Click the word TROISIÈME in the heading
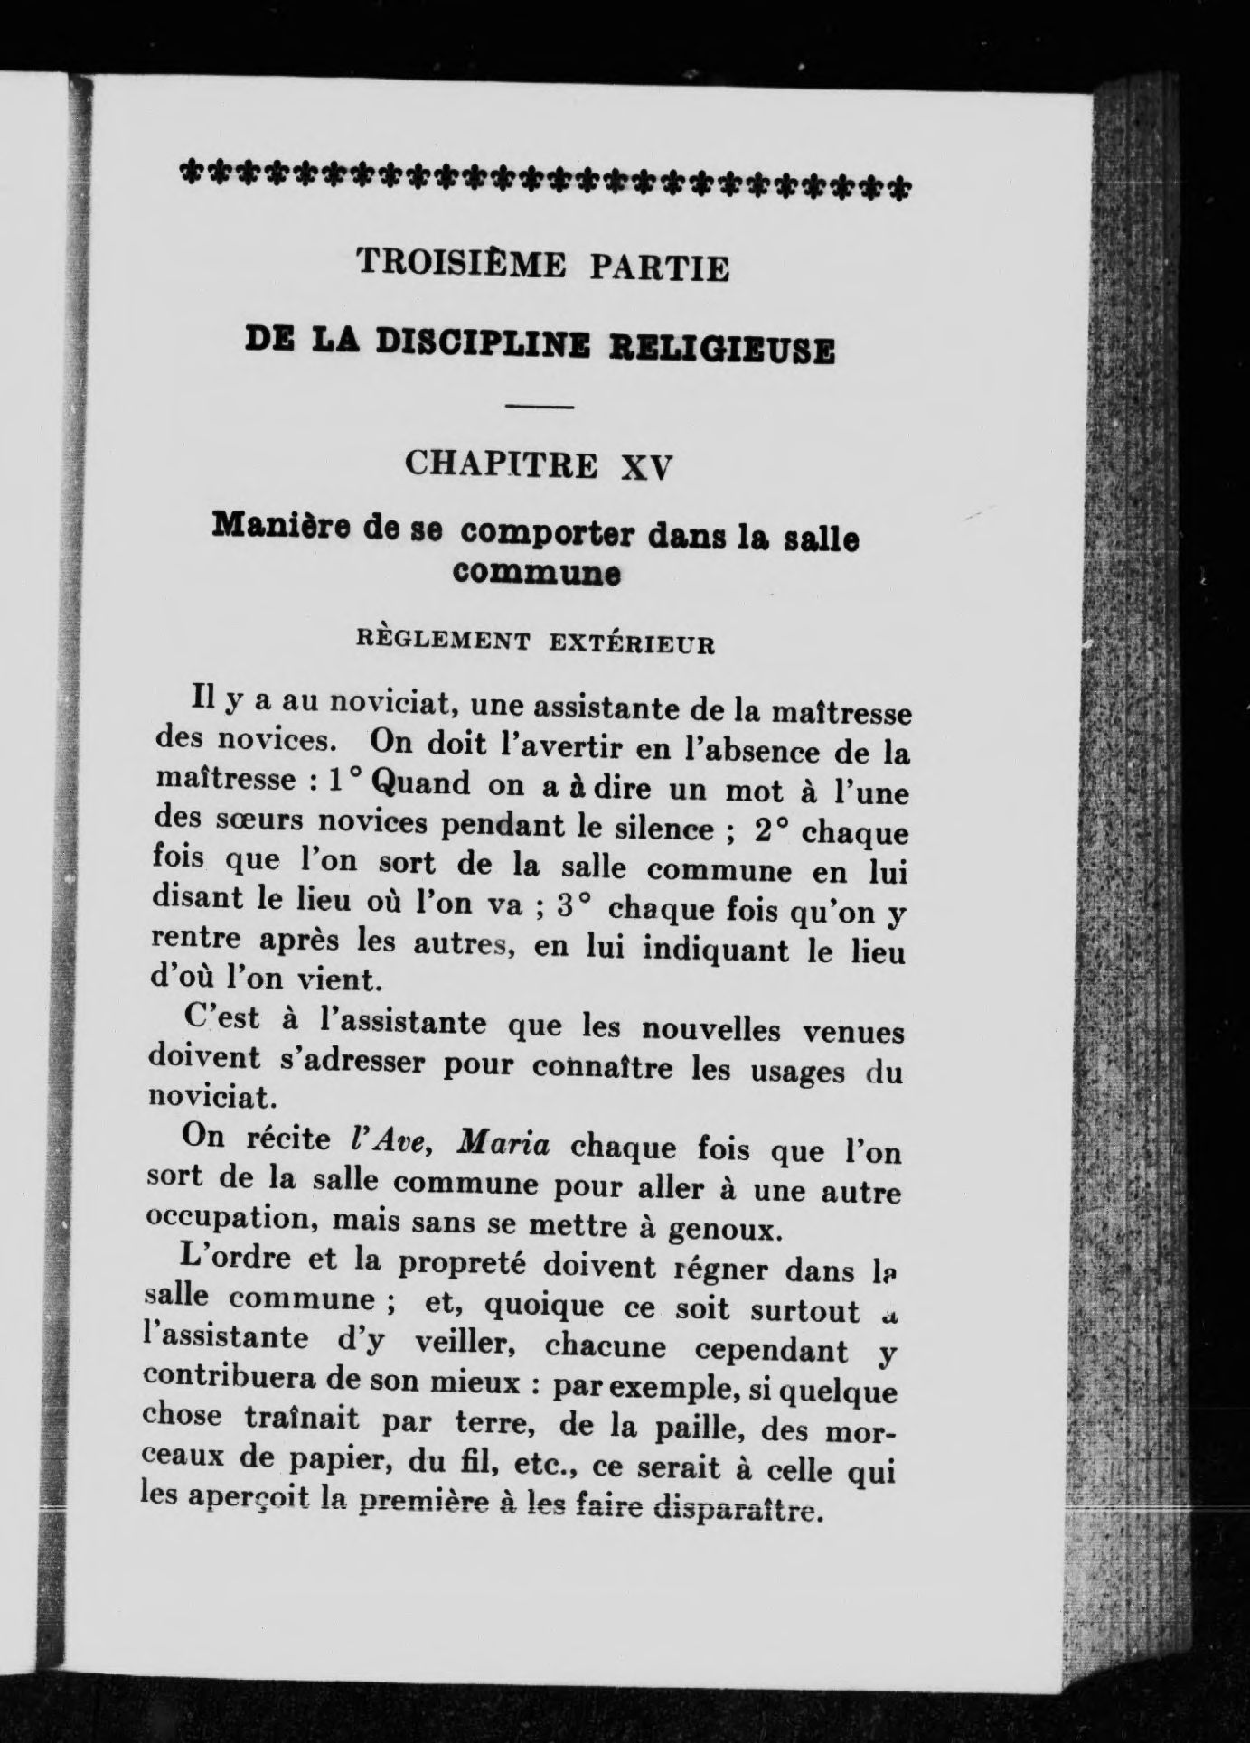tap(461, 264)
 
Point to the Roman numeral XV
tap(649, 467)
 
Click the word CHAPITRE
tap(502, 464)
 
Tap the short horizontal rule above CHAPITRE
tap(540, 409)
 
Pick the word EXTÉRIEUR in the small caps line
tap(633, 645)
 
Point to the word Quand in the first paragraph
tap(420, 783)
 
